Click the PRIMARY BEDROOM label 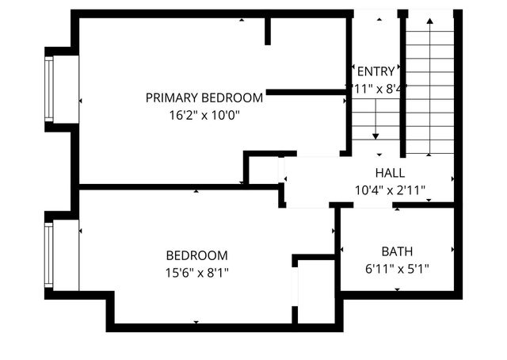[x=204, y=98]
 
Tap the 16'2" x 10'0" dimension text [x=204, y=114]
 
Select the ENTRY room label [x=375, y=71]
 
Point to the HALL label [x=390, y=173]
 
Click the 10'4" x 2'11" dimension [x=390, y=190]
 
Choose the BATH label [x=396, y=251]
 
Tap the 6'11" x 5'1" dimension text [x=396, y=268]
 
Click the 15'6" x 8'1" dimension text [x=196, y=273]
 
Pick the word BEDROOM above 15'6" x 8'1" [x=196, y=256]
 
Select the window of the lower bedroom [x=49, y=254]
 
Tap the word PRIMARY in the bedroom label [x=172, y=98]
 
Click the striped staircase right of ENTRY [x=429, y=87]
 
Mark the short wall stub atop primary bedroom [x=268, y=30]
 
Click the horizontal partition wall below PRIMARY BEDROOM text [x=306, y=93]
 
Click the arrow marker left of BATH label [x=341, y=251]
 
